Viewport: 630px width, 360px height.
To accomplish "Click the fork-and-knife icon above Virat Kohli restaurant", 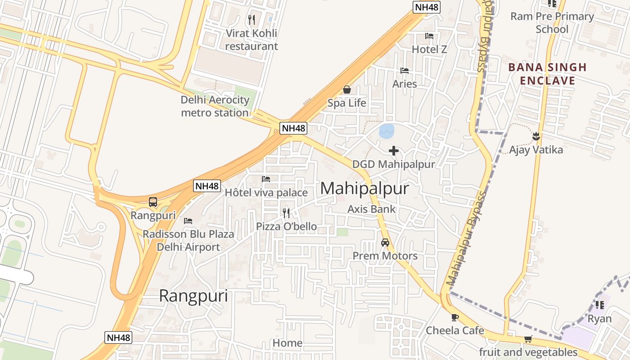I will pyautogui.click(x=252, y=20).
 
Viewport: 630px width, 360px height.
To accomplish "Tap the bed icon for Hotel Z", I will pyautogui.click(x=429, y=36).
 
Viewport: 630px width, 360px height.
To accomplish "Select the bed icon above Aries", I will pyautogui.click(x=405, y=71).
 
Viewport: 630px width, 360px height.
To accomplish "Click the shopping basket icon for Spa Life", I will pyautogui.click(x=347, y=90).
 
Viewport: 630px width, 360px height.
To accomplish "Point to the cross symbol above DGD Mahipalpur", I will pyautogui.click(x=394, y=151).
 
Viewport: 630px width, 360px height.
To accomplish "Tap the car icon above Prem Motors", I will pyautogui.click(x=385, y=243).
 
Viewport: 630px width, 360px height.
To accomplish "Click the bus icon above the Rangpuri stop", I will pyautogui.click(x=153, y=202).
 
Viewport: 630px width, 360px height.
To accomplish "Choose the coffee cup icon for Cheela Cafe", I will pyautogui.click(x=455, y=317).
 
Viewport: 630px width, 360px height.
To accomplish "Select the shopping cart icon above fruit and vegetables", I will pyautogui.click(x=528, y=339).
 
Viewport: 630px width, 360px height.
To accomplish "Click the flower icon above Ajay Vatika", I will pyautogui.click(x=536, y=135).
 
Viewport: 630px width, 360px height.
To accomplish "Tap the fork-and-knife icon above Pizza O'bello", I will pyautogui.click(x=286, y=212).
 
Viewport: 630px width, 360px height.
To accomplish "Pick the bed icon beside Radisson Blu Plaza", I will pyautogui.click(x=188, y=221).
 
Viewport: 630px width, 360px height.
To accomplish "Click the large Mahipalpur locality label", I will pyautogui.click(x=364, y=189).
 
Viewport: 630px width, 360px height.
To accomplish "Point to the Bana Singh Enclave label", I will pyautogui.click(x=548, y=74).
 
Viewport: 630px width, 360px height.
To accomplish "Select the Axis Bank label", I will pyautogui.click(x=372, y=209).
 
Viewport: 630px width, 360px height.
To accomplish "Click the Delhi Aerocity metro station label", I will pyautogui.click(x=215, y=106).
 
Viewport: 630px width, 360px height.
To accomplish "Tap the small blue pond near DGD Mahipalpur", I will pyautogui.click(x=387, y=131).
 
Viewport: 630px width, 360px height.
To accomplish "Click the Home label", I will pyautogui.click(x=288, y=343).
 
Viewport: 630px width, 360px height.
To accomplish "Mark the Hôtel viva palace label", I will pyautogui.click(x=266, y=193).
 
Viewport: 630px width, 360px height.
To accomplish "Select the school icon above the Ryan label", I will pyautogui.click(x=600, y=305).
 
